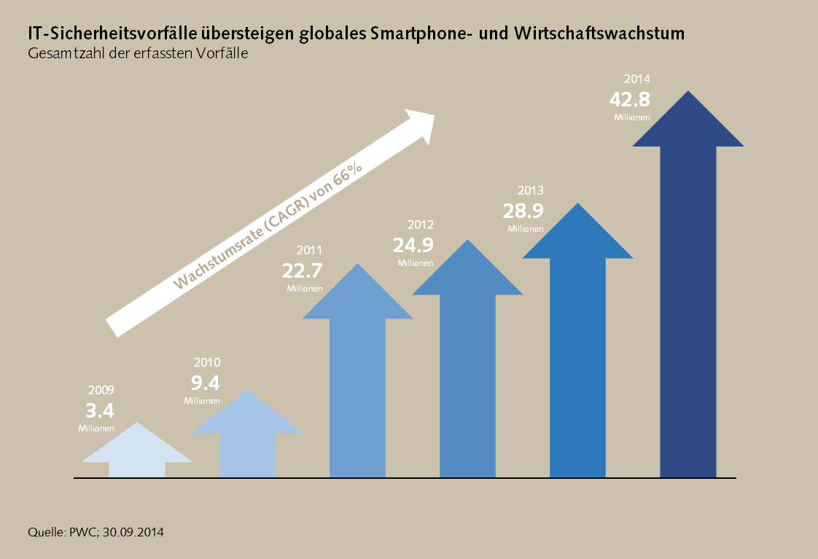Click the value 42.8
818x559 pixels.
click(630, 99)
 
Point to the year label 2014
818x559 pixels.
click(636, 79)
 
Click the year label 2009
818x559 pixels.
click(101, 391)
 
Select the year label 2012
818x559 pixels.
click(421, 224)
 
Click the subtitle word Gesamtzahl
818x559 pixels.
click(61, 53)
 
